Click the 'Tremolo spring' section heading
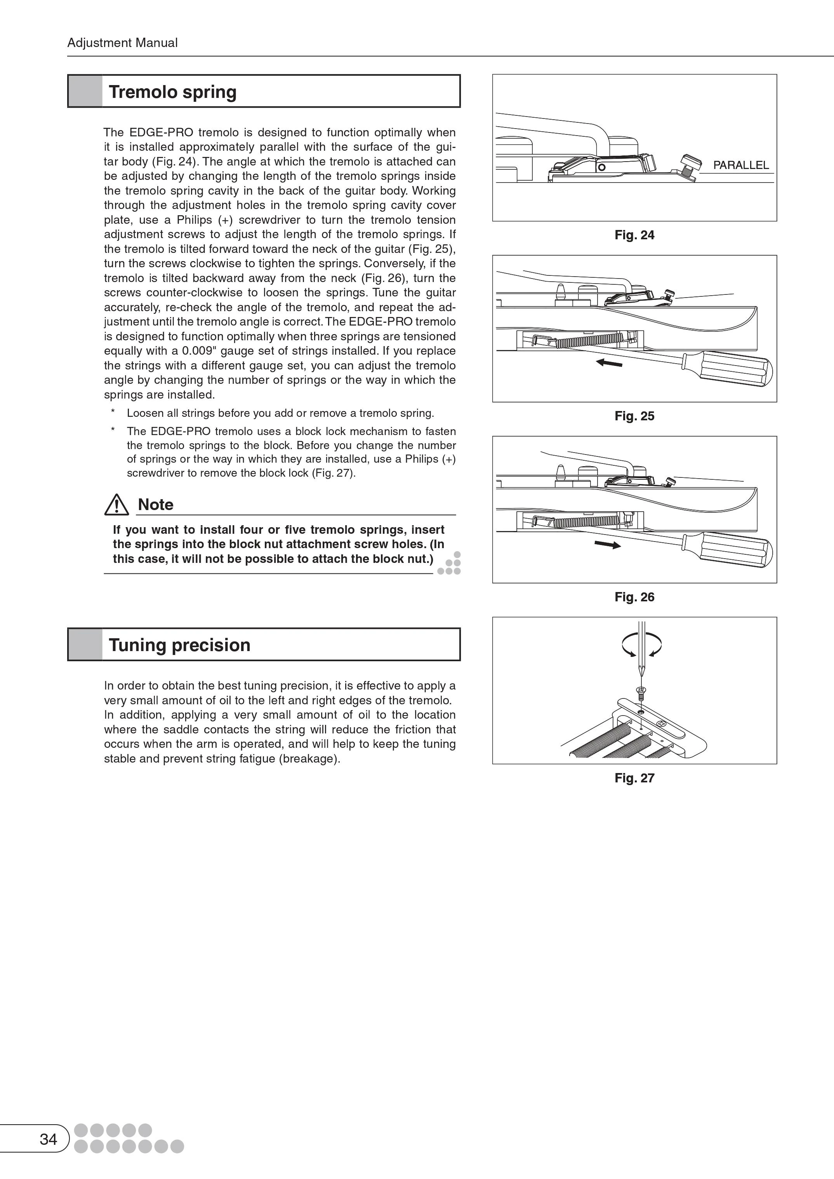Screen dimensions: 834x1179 (172, 92)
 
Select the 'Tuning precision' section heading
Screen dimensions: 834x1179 (179, 645)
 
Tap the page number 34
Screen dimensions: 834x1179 (48, 1139)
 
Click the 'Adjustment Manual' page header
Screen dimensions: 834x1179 (122, 43)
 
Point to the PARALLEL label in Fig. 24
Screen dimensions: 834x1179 (740, 165)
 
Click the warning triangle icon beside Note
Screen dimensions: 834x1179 (116, 505)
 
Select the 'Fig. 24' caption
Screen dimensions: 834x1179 (634, 235)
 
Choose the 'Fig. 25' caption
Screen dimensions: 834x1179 (634, 416)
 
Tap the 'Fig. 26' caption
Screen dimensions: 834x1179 (634, 597)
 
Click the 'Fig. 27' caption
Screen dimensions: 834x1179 (634, 778)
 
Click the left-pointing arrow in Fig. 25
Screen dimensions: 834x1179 (609, 363)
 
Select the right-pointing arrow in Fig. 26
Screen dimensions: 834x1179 (608, 544)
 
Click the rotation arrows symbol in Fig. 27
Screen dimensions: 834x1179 (641, 644)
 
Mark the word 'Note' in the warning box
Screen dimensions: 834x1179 (156, 505)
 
